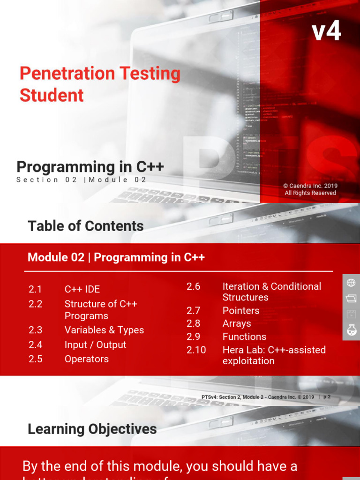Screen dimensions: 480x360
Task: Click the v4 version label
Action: [326, 32]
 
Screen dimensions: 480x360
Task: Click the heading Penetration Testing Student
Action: [100, 84]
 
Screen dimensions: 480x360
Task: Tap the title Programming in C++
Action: [90, 167]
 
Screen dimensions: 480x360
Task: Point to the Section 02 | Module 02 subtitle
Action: [82, 180]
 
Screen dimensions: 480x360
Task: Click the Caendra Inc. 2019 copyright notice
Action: [310, 189]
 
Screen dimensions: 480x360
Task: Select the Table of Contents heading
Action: [86, 226]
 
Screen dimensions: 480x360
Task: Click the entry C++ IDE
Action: [82, 289]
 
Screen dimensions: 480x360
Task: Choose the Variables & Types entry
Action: [104, 330]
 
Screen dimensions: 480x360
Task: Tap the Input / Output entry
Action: [95, 345]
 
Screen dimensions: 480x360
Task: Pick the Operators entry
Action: [86, 359]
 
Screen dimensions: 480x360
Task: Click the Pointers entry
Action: [240, 310]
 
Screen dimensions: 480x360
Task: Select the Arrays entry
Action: [237, 323]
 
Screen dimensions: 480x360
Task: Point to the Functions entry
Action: [244, 337]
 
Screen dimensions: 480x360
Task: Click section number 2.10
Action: [196, 350]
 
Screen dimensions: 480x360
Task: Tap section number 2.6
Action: [193, 286]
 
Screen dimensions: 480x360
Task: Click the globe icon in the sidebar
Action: [351, 283]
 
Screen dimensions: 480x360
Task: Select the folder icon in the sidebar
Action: [351, 298]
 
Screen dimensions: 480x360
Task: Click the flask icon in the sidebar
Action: [351, 330]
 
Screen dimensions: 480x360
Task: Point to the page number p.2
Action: [327, 397]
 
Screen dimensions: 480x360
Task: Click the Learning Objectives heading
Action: [92, 429]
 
